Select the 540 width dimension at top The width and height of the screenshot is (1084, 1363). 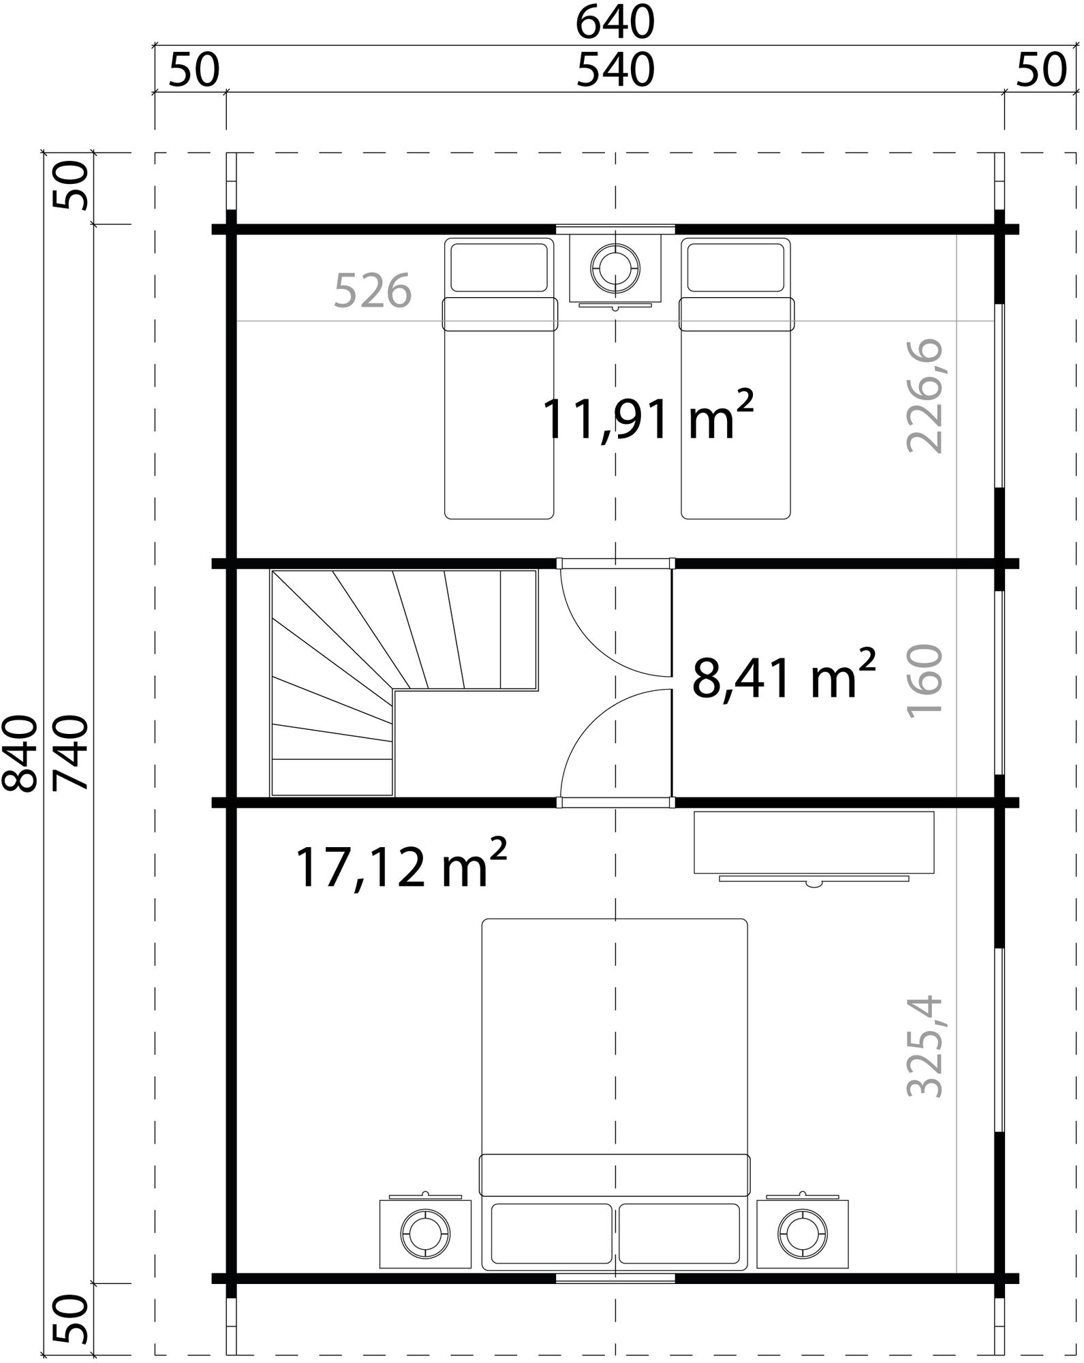click(615, 71)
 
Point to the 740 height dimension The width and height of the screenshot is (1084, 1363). click(71, 753)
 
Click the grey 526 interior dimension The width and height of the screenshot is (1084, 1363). click(373, 290)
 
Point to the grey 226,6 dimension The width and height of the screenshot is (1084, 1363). click(925, 396)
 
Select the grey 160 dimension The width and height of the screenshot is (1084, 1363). click(925, 679)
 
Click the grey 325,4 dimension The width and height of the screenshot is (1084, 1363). click(925, 1047)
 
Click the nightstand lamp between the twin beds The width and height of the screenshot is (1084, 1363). click(615, 267)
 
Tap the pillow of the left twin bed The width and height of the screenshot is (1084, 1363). click(499, 267)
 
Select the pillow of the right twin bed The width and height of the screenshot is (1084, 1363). click(736, 267)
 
